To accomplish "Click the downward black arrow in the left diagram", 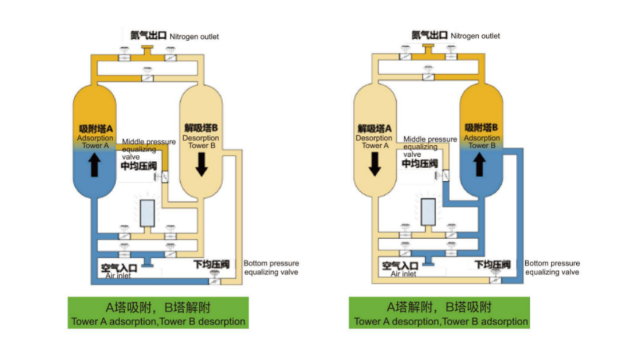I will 201,165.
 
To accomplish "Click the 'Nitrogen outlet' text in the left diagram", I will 194,37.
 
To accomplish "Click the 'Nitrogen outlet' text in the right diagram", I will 475,35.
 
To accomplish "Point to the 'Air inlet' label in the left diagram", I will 118,275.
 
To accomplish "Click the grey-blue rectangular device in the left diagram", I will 148,213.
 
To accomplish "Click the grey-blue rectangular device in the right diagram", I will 429,212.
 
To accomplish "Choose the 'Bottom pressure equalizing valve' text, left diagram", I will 271,268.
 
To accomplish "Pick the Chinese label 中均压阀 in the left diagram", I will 139,166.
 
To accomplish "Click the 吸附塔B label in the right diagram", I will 482,127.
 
